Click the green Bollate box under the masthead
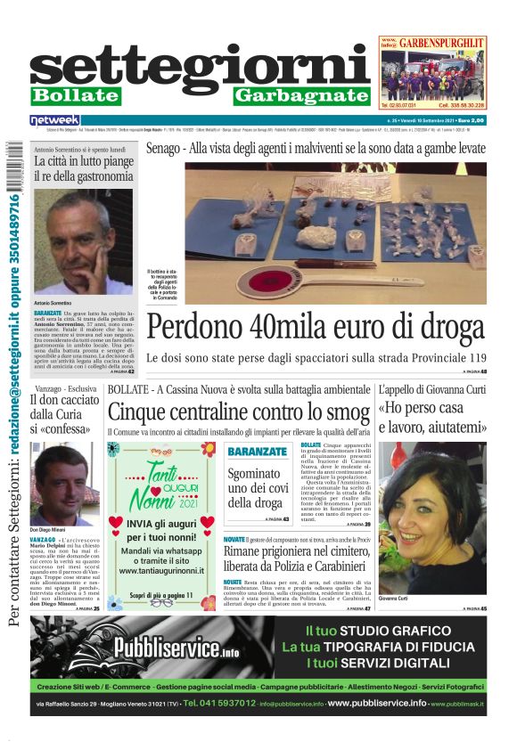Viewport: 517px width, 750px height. (75, 95)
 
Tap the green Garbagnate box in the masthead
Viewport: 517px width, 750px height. (301, 95)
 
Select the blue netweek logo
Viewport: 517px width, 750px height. (55, 119)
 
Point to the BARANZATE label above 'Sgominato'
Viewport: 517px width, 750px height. (257, 452)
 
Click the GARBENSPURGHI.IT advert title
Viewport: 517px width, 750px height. (441, 42)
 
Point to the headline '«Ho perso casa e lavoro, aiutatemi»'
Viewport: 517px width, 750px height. (432, 418)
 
